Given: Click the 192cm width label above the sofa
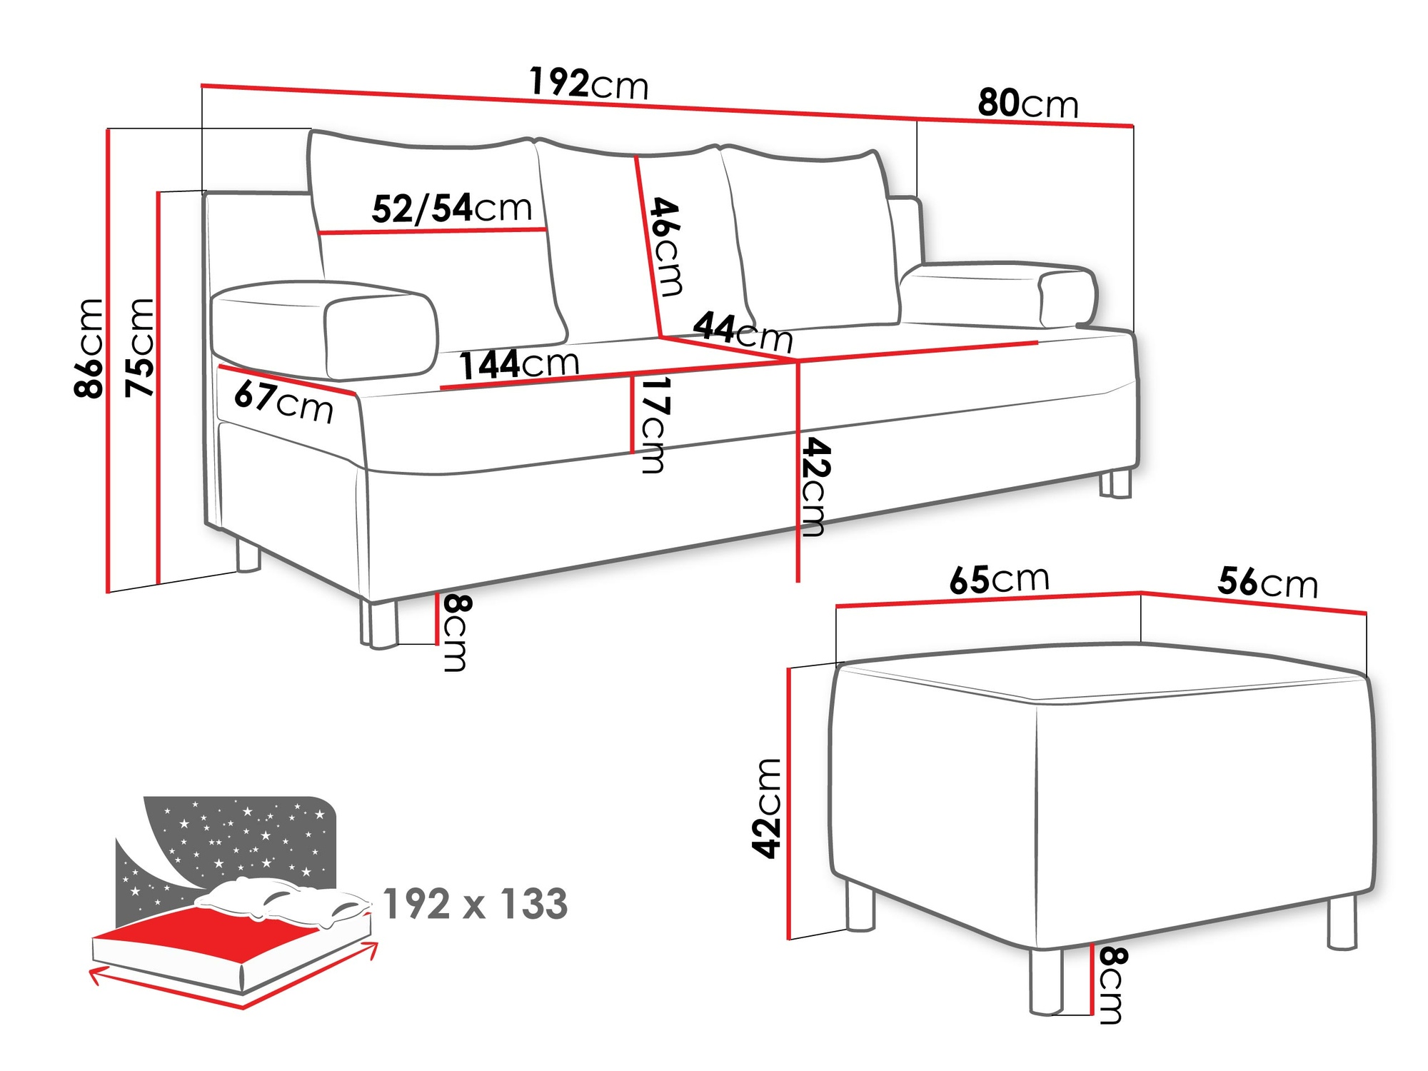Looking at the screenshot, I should coord(589,84).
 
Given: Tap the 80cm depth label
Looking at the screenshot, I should coord(1027,104).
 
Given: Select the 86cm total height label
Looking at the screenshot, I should coord(89,348).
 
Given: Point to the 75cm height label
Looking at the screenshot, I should coord(140,348).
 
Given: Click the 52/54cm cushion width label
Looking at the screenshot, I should coord(452,208).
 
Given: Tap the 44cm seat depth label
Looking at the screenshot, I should coord(743,331).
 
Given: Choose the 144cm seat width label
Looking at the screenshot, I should coord(519,364).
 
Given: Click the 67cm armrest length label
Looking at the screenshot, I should coord(284,402).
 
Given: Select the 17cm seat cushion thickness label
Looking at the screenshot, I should coord(653,425).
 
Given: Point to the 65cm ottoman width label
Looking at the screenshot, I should coord(999,580).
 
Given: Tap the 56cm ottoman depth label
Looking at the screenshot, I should coord(1267,583).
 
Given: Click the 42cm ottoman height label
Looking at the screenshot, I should coord(767,808).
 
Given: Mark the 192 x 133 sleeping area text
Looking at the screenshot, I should coord(476,904).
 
